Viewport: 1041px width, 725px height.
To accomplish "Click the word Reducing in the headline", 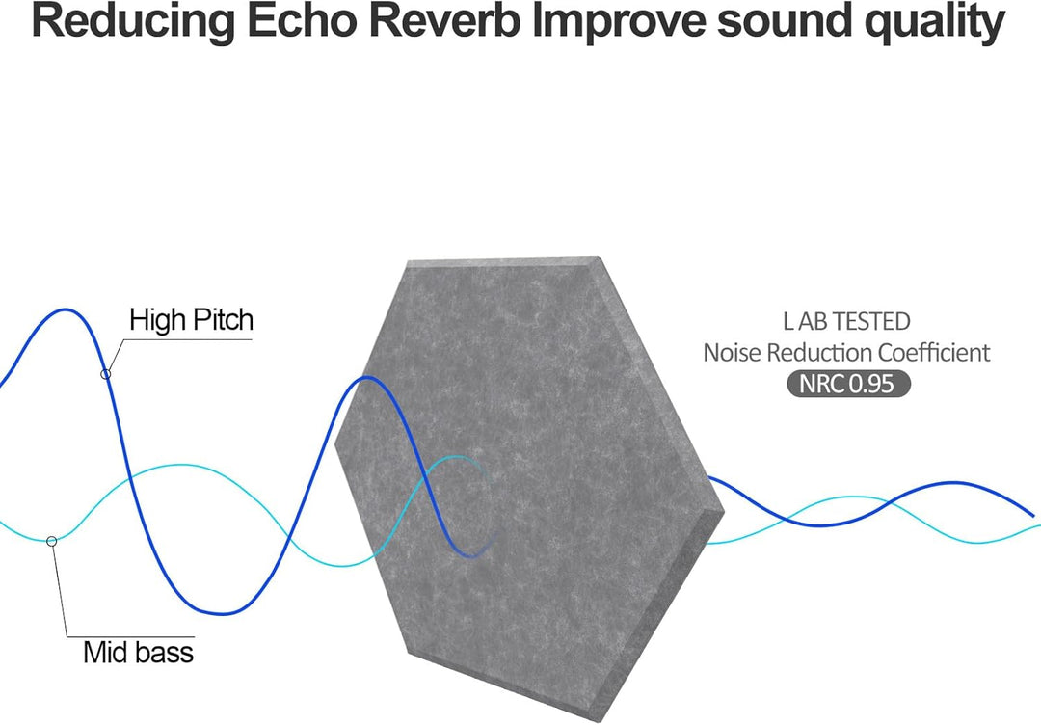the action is click(133, 22).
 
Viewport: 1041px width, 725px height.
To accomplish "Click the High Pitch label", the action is click(191, 320).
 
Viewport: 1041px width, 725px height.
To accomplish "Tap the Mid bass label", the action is click(138, 652).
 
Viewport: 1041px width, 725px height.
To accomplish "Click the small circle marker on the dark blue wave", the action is click(106, 374).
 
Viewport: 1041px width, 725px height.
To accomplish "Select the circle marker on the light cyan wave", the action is click(51, 541).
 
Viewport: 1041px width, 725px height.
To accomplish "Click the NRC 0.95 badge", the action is click(848, 384).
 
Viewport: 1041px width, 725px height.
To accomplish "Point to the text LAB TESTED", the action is click(846, 321).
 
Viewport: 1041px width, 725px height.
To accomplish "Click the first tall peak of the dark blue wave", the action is click(66, 310).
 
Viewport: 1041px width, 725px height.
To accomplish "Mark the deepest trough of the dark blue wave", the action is click(223, 613).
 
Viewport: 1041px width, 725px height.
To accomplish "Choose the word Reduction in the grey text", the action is click(819, 353).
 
